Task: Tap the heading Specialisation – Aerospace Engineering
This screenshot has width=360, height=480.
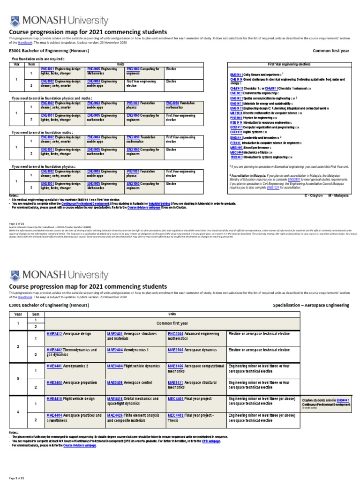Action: tap(311, 305)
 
